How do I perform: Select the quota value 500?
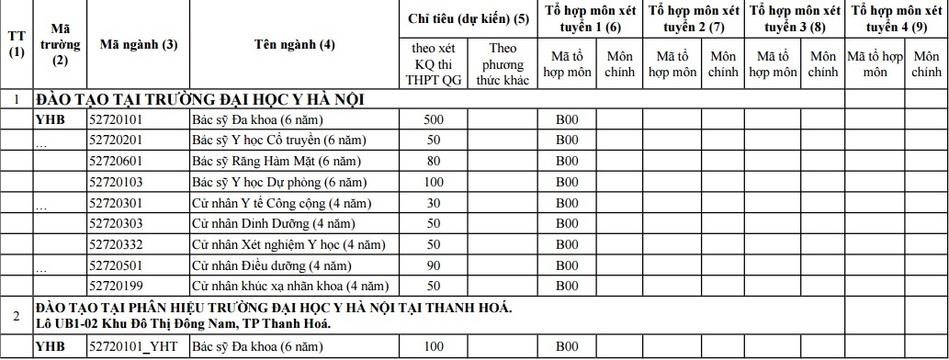(x=434, y=119)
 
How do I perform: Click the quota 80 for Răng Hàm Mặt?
(x=434, y=161)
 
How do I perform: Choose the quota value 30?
(x=434, y=202)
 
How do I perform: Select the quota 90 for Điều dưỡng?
(x=434, y=265)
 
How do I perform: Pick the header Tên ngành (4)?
(x=294, y=44)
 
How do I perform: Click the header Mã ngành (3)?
(x=138, y=44)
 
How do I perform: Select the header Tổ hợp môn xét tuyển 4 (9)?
(x=896, y=18)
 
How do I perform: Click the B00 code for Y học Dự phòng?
(x=567, y=182)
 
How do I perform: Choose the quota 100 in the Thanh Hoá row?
(x=434, y=346)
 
